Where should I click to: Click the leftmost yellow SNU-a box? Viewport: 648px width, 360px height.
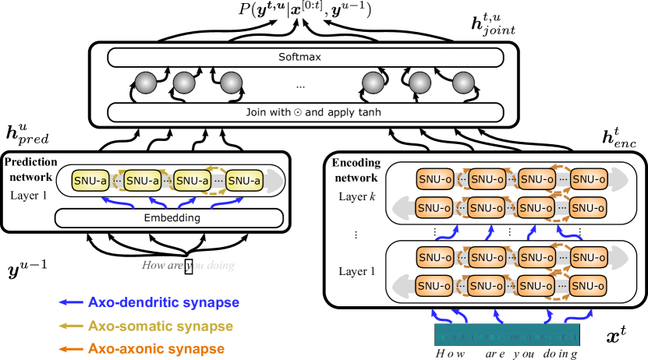pyautogui.click(x=90, y=181)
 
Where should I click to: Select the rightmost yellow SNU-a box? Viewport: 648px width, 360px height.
pyautogui.click(x=244, y=181)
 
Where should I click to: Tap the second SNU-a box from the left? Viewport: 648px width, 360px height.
pyautogui.click(x=143, y=181)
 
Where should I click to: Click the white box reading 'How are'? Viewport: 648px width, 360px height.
pyautogui.click(x=162, y=266)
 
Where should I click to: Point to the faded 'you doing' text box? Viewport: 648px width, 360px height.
pyautogui.click(x=215, y=266)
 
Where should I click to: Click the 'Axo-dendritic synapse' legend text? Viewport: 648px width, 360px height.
pyautogui.click(x=164, y=302)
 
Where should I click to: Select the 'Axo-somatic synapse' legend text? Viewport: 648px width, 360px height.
pyautogui.click(x=161, y=326)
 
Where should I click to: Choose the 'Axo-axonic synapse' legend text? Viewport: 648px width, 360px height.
pyautogui.click(x=157, y=349)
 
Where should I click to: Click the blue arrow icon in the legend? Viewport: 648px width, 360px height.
pyautogui.click(x=71, y=302)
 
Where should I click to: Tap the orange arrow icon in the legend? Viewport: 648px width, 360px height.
pyautogui.click(x=71, y=349)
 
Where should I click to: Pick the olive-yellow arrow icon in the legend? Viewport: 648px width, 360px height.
pyautogui.click(x=71, y=326)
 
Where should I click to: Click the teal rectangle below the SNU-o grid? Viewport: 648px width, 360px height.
pyautogui.click(x=507, y=336)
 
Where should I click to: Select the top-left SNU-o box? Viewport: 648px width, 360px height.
pyautogui.click(x=435, y=179)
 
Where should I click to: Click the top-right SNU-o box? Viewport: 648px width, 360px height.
pyautogui.click(x=589, y=179)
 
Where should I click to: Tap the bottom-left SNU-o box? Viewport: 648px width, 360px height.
pyautogui.click(x=435, y=286)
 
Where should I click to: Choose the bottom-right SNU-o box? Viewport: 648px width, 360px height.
pyautogui.click(x=589, y=286)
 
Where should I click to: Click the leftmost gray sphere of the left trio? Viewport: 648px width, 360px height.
pyautogui.click(x=146, y=83)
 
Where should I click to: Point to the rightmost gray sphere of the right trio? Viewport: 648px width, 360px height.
pyautogui.click(x=463, y=83)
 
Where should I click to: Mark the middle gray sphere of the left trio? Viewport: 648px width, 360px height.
pyautogui.click(x=184, y=83)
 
